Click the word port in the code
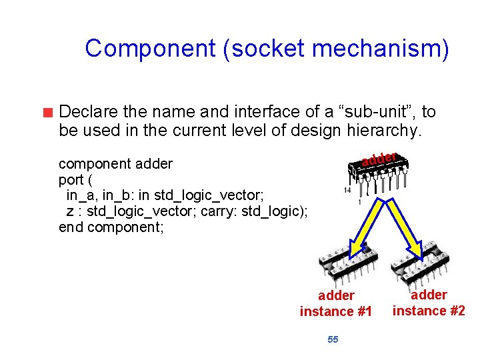[x=71, y=179]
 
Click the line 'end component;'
[x=111, y=227]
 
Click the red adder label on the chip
[x=380, y=159]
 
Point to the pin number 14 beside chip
[x=347, y=190]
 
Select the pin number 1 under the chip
[x=360, y=201]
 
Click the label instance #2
[x=429, y=310]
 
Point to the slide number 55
[x=333, y=339]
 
